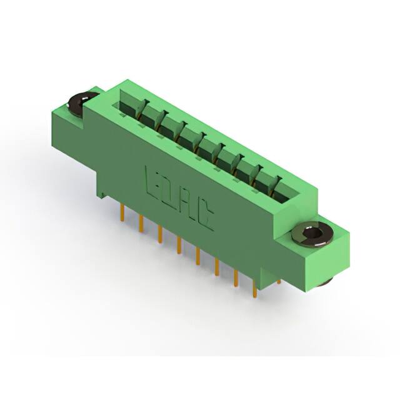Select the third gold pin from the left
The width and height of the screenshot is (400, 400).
tap(160, 232)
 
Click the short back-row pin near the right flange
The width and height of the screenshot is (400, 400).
tap(279, 277)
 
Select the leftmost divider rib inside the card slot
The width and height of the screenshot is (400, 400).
tap(144, 107)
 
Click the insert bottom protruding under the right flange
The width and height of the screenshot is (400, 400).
tap(325, 282)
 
